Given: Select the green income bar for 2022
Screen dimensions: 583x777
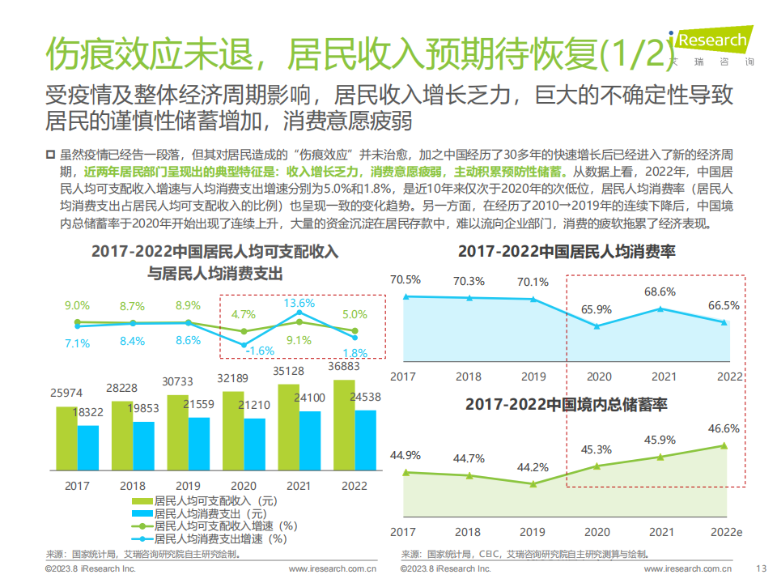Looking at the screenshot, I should (343, 425).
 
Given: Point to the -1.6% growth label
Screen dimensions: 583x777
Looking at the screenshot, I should (258, 351).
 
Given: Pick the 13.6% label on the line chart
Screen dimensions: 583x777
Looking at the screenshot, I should (299, 303).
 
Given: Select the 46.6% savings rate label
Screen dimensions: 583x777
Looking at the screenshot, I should (724, 429).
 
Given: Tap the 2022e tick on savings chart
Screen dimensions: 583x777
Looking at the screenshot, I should (726, 532).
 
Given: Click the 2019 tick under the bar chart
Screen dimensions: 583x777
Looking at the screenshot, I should (188, 486).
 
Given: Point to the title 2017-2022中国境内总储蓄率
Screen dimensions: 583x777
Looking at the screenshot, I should (566, 404).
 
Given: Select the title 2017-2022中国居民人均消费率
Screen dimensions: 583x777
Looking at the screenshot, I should (567, 252).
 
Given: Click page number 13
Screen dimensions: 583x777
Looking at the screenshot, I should (760, 569).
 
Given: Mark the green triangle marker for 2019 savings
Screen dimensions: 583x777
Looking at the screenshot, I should (533, 484).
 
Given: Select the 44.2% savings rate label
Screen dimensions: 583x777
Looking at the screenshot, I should (533, 467).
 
